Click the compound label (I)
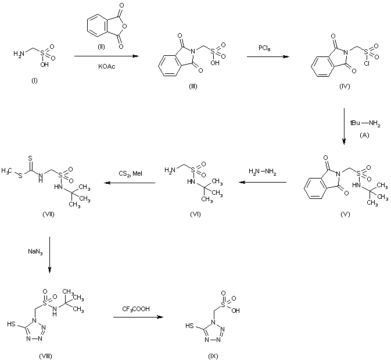(34, 80)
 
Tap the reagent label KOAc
(106, 66)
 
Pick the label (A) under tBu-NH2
(364, 134)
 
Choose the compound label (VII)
(49, 215)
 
